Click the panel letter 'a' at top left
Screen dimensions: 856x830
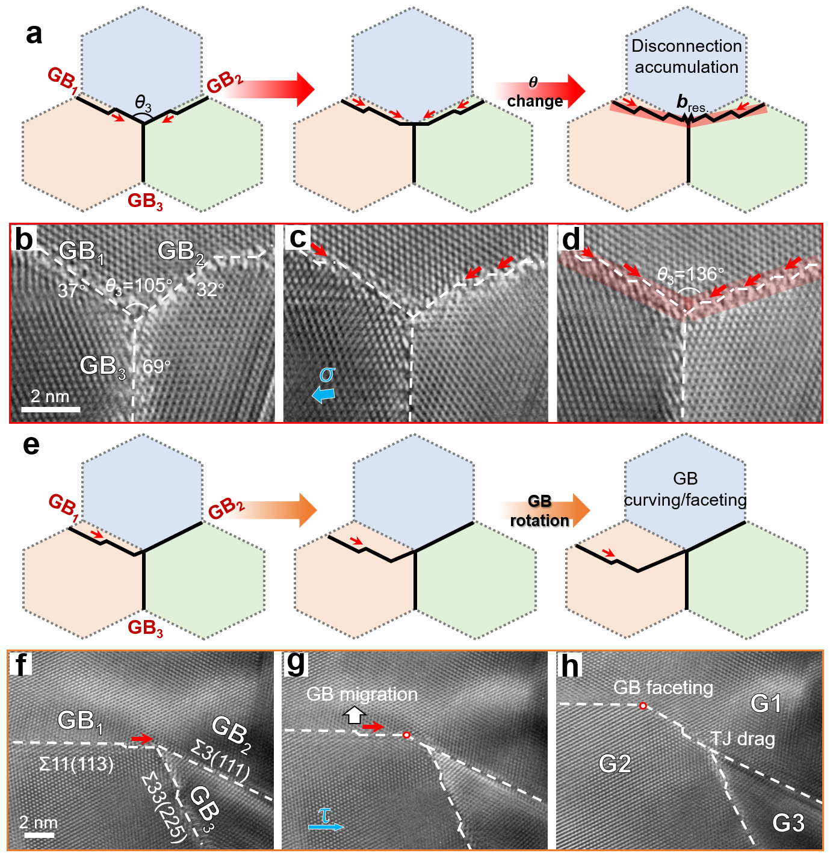(34, 34)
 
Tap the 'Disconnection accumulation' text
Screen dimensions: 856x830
(686, 57)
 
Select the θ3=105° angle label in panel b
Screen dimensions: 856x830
(138, 285)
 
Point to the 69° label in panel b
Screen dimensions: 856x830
(156, 366)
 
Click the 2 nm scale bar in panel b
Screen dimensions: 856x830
(51, 409)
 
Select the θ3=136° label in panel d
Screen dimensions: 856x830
(690, 274)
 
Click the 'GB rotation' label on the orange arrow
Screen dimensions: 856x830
(539, 510)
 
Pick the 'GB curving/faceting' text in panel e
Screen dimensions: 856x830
(685, 489)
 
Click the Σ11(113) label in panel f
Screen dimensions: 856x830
(76, 764)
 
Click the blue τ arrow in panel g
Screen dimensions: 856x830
(326, 827)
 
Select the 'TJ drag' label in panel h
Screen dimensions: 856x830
(743, 739)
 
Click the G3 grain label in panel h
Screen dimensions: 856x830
(788, 822)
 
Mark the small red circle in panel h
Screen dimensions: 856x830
(643, 706)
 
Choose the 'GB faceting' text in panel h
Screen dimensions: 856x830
(663, 687)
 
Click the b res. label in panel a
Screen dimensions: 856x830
(690, 103)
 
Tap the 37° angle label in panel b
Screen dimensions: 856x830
(72, 291)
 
